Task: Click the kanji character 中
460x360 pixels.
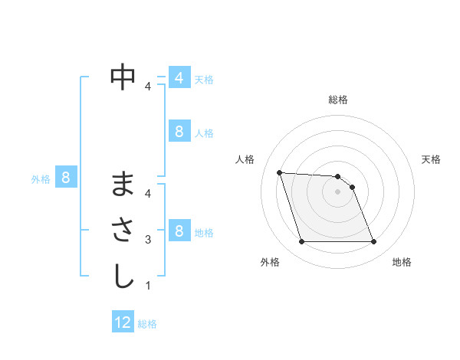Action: pos(123,77)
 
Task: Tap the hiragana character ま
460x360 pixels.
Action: pos(123,185)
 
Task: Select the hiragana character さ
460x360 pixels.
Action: pos(123,231)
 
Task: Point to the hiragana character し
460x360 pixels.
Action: pos(123,277)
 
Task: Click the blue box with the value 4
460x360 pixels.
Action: pos(179,78)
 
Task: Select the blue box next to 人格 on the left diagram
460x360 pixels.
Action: pos(179,132)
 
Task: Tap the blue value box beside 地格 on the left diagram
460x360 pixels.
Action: pos(179,231)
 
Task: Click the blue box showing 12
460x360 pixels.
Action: pos(123,322)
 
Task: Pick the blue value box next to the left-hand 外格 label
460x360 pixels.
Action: pos(66,178)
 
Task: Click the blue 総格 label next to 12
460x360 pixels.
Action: pos(147,324)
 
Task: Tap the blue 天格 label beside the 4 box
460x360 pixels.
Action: pos(204,80)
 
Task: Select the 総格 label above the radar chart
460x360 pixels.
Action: pos(337,100)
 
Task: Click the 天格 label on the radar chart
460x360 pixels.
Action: pos(431,159)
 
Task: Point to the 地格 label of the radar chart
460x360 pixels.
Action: pos(402,262)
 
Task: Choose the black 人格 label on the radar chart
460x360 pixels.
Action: pos(245,159)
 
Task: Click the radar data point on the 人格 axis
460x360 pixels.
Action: pos(280,172)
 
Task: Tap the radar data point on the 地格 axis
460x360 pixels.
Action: pos(373,242)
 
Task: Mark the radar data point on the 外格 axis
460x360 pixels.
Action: pos(301,242)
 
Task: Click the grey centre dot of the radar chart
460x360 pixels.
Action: pos(337,191)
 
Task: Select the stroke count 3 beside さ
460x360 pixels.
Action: pos(148,240)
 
